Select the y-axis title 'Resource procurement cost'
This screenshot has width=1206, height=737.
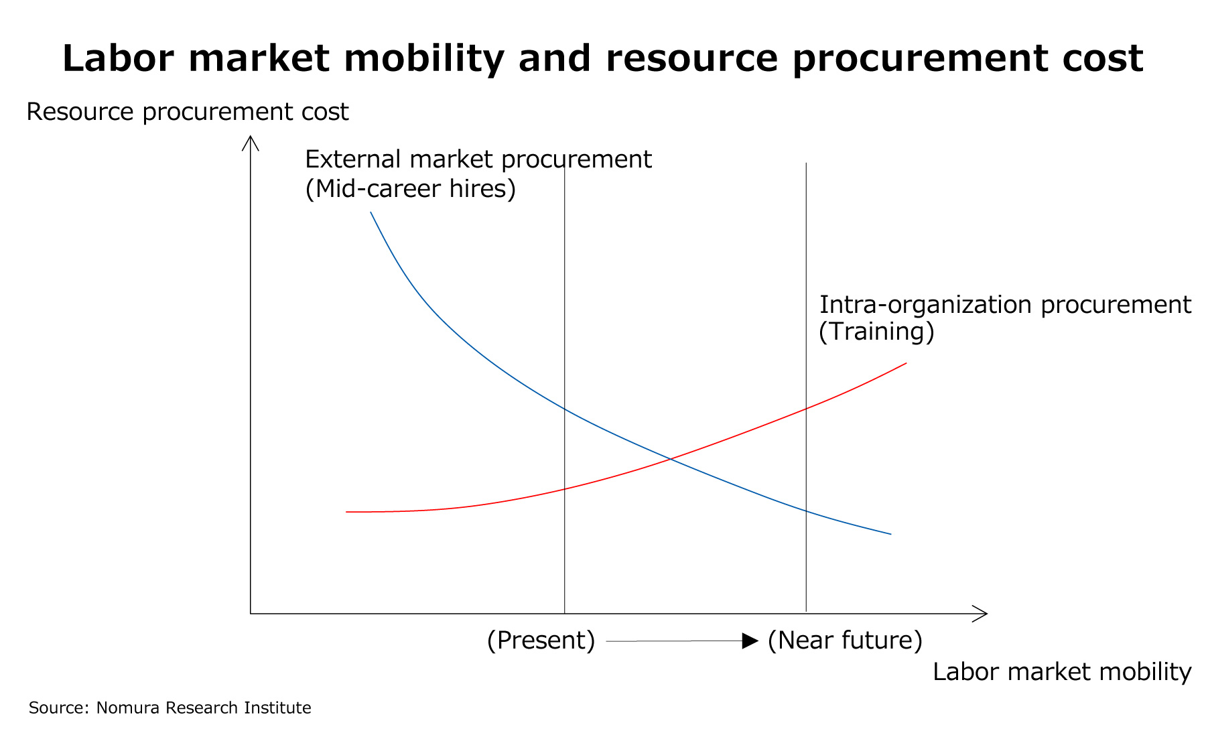coord(187,112)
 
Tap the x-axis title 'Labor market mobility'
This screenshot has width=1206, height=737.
coord(1062,672)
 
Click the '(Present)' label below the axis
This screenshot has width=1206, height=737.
coord(541,641)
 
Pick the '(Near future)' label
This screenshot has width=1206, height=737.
coord(845,641)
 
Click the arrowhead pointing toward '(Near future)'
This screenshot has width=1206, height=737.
coord(750,641)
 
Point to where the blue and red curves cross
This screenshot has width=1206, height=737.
coord(670,459)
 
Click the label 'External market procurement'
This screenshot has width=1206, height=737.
coord(478,159)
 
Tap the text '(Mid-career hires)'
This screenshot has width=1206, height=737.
coord(410,189)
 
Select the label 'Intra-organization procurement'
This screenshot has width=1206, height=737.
coord(1005,305)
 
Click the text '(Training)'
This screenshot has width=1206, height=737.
coord(876,332)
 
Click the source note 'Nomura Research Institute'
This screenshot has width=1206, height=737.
coord(204,708)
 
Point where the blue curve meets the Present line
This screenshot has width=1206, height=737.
coord(565,409)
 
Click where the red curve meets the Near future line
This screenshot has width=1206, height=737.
coord(806,408)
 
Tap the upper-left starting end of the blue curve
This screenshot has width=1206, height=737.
coord(371,212)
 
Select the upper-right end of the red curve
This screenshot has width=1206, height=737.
coord(906,364)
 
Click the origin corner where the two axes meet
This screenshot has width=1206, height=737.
coord(251,613)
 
